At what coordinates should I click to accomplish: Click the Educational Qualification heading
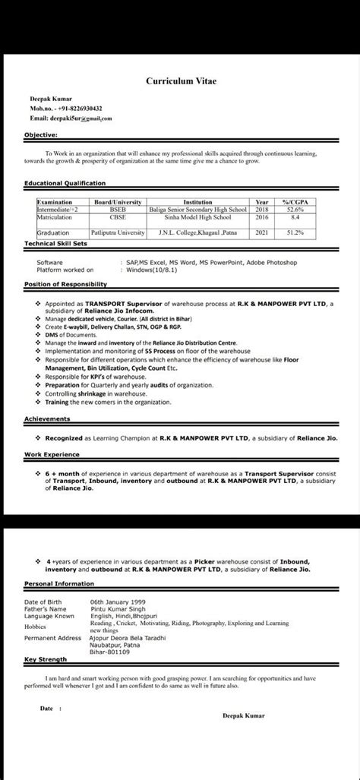pos(65,183)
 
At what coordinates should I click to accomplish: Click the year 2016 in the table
pos(262,216)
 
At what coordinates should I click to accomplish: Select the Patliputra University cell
pos(117,232)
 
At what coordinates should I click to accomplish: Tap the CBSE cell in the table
pos(118,216)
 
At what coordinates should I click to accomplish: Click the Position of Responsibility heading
pos(65,284)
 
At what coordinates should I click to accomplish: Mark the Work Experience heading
pos(52,454)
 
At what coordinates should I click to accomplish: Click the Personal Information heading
pos(59,583)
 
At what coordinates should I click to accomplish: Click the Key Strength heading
pos(45,658)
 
